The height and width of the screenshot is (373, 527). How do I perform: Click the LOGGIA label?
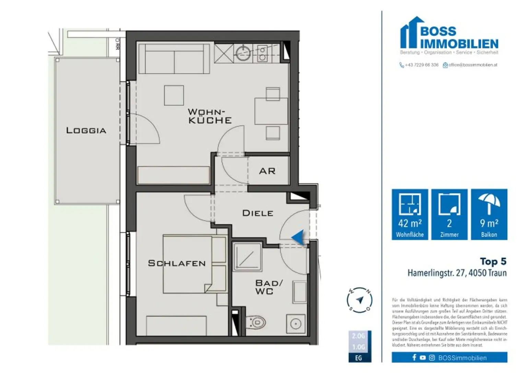86,130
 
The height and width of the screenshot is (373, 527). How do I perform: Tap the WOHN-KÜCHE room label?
210,116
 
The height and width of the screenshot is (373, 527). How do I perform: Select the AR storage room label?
267,171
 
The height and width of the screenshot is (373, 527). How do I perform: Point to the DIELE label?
258,213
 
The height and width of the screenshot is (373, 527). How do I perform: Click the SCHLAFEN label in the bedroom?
177,263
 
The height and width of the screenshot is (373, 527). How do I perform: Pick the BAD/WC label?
269,287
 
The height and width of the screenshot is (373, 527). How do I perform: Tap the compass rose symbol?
359,300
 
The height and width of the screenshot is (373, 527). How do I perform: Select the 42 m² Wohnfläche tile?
410,214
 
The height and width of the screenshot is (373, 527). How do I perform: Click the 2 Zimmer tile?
449,214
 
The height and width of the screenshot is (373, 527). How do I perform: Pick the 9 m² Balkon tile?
489,214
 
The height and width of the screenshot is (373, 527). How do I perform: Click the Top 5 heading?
493,261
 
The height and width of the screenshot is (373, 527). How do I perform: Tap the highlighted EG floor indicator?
359,358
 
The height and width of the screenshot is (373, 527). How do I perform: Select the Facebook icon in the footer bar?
414,358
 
